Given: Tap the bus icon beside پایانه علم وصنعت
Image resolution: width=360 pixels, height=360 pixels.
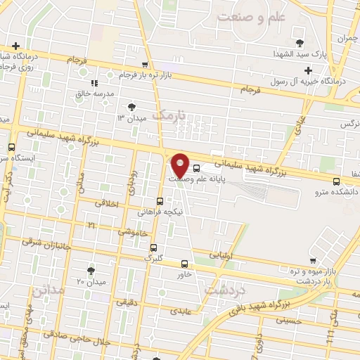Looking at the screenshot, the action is coord(196,168).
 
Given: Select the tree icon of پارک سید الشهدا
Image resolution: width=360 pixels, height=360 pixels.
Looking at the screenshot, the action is coord(300,43).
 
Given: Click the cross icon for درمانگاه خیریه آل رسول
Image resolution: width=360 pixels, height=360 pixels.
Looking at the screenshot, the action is coord(307,70).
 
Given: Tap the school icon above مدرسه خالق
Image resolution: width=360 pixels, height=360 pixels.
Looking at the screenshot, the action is coord(94,82).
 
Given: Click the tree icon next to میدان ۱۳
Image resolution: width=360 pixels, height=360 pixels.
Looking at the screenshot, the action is coord(131,107).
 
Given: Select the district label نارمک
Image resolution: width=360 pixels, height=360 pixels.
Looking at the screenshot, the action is coord(170,114).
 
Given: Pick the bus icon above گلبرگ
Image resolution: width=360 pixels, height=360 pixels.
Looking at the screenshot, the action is coord(153,247).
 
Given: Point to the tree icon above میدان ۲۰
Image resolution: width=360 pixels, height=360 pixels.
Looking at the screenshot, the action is coord(91,270).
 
